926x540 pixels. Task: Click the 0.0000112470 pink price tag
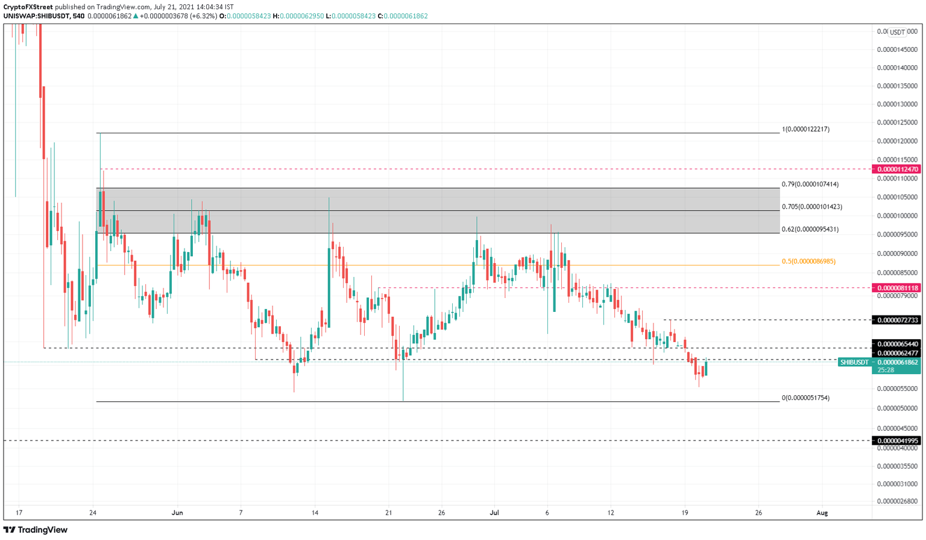pyautogui.click(x=898, y=170)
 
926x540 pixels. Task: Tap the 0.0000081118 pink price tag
pyautogui.click(x=898, y=288)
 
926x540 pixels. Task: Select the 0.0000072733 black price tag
pyautogui.click(x=898, y=320)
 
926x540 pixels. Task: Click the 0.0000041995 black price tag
pyautogui.click(x=898, y=440)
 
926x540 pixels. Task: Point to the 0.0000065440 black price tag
pyautogui.click(x=898, y=344)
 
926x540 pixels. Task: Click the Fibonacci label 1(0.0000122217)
pyautogui.click(x=805, y=129)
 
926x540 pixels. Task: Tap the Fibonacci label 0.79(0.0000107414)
pyautogui.click(x=810, y=184)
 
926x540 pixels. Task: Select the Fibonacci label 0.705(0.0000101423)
pyautogui.click(x=811, y=207)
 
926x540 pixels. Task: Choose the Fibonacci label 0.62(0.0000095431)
pyautogui.click(x=810, y=229)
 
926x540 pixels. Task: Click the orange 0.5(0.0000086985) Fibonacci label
pyautogui.click(x=808, y=261)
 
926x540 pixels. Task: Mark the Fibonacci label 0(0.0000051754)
pyautogui.click(x=805, y=398)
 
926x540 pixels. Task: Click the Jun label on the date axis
pyautogui.click(x=177, y=513)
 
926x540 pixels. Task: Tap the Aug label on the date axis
pyautogui.click(x=822, y=513)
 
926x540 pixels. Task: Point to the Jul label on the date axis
pyautogui.click(x=495, y=513)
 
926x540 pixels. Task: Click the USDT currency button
pyautogui.click(x=897, y=33)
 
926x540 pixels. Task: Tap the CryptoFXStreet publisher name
pyautogui.click(x=28, y=7)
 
